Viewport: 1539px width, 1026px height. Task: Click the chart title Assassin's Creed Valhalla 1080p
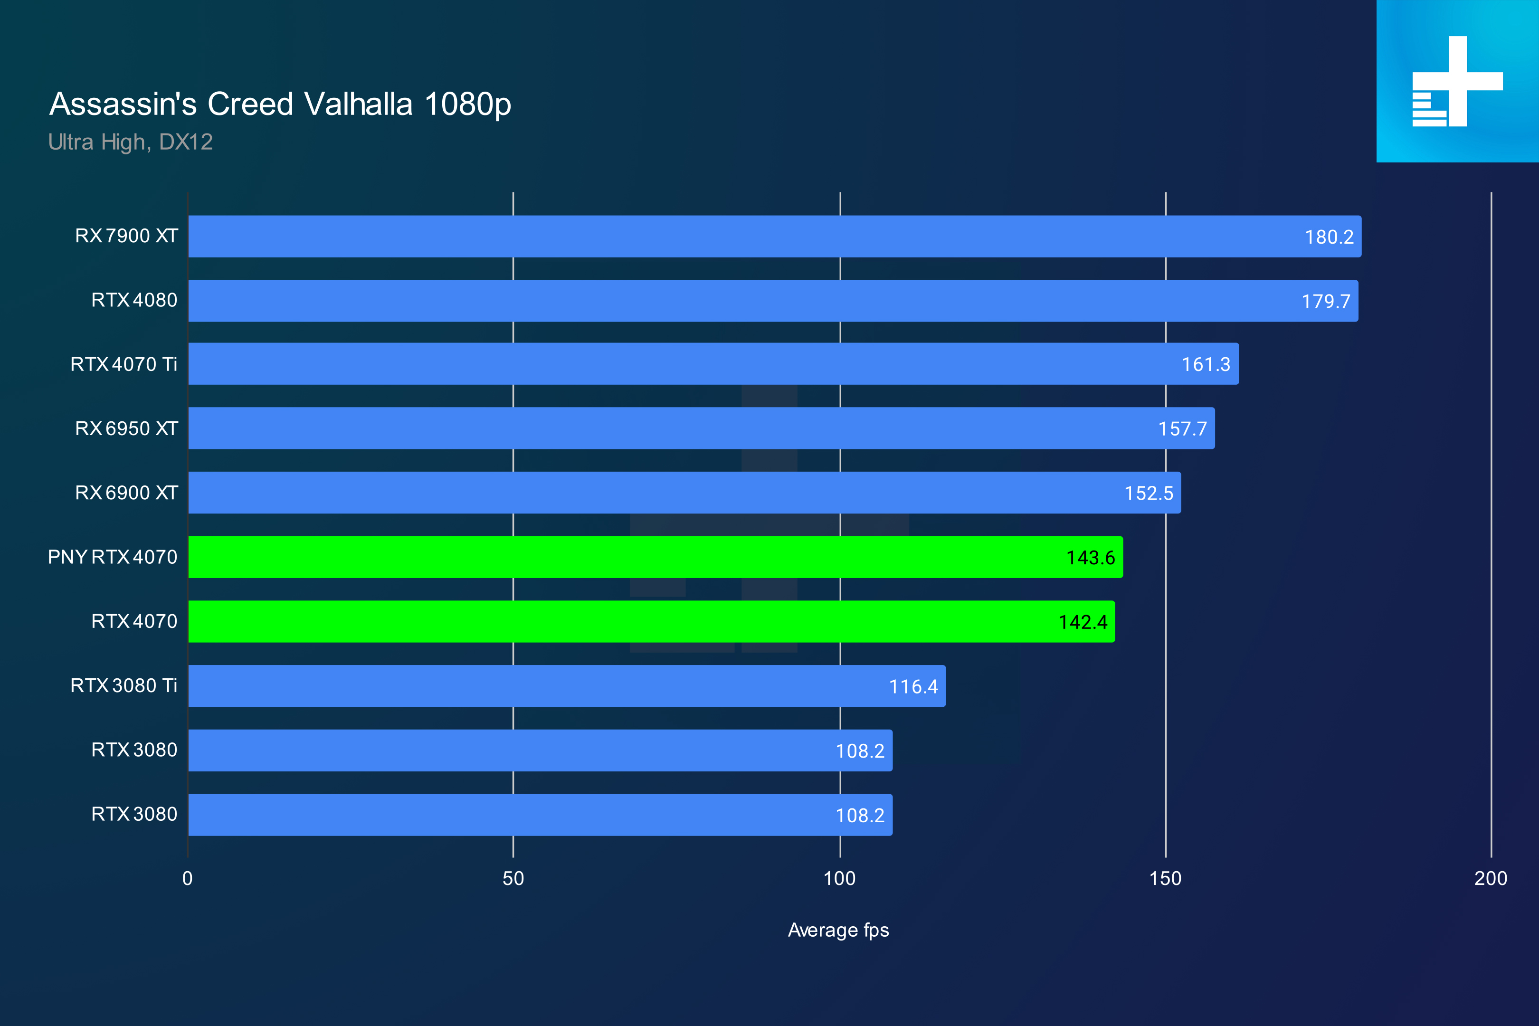pos(280,104)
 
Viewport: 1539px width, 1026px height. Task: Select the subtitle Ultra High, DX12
pos(130,142)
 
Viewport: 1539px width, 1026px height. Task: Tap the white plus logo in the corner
pos(1457,81)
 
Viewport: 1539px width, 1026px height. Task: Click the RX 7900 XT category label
pos(126,236)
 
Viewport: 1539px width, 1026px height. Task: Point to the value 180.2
pos(1328,237)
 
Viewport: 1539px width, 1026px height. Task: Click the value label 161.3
pos(1205,364)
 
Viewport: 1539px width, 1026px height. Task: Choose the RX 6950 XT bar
pos(700,428)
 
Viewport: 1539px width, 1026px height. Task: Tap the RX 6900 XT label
pos(126,493)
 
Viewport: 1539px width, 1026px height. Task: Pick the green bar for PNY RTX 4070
pos(655,557)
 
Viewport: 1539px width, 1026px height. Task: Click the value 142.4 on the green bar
pos(1082,622)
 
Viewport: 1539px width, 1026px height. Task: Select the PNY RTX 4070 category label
pos(113,557)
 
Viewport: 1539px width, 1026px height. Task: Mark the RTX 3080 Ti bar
pos(566,686)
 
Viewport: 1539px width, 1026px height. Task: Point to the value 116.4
pos(913,686)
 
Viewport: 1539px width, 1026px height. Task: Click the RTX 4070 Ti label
pos(123,364)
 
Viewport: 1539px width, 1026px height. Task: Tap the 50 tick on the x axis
pos(513,878)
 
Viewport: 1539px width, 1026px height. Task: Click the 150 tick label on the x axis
pos(1165,878)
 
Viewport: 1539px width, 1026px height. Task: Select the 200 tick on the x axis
pos(1490,878)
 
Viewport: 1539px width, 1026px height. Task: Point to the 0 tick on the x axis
pos(188,878)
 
